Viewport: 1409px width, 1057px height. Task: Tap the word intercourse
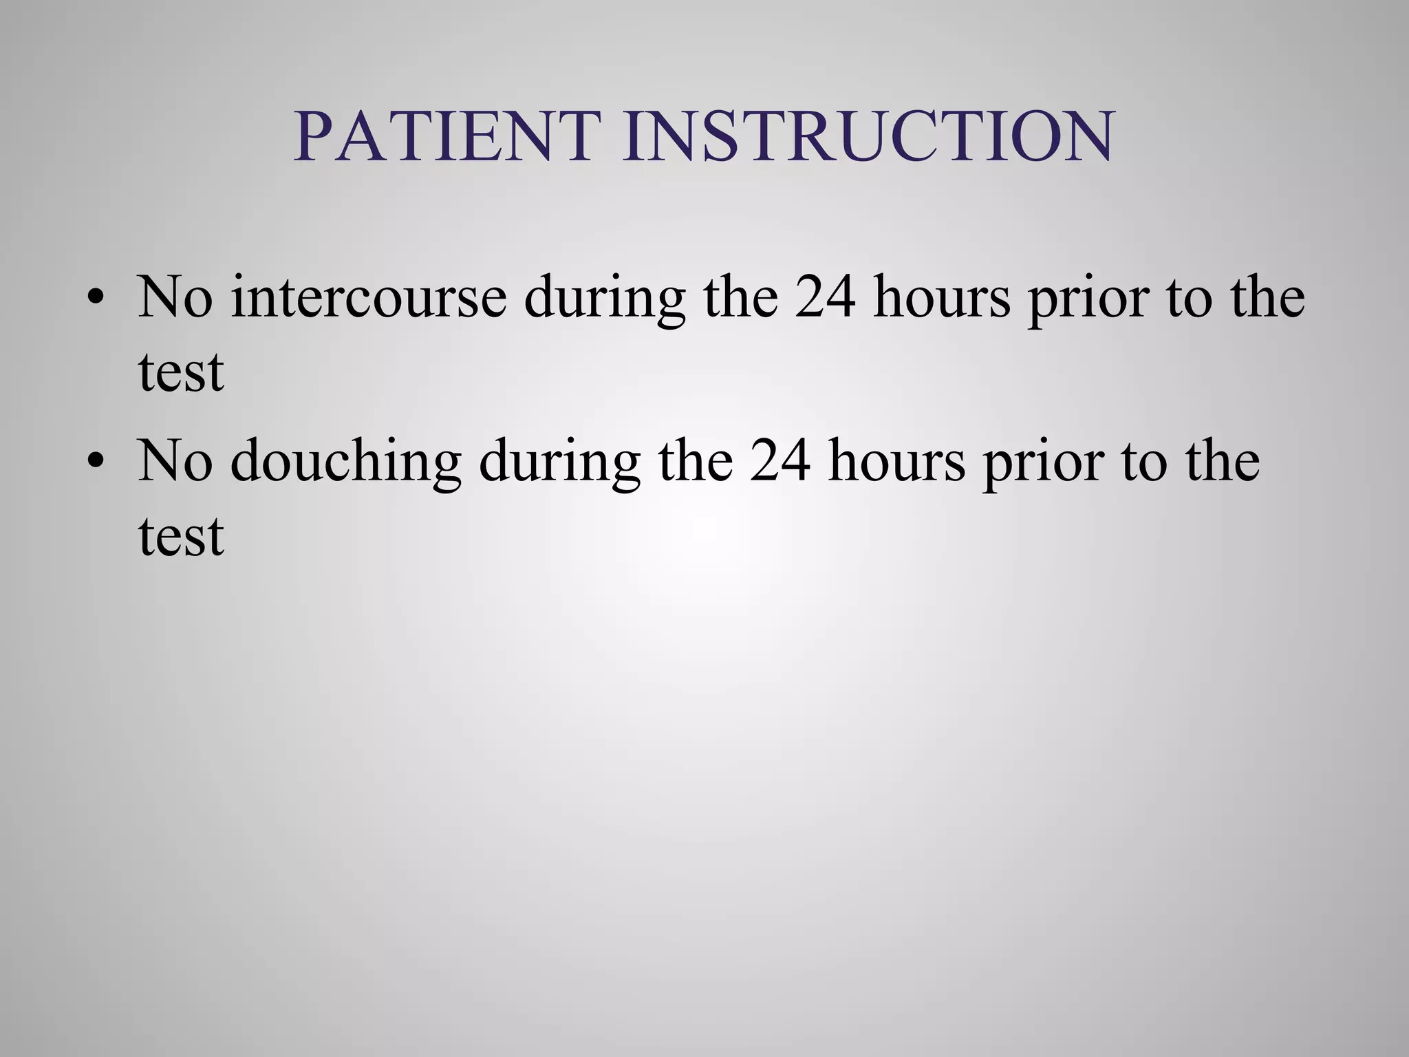click(369, 297)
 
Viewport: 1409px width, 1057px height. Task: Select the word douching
click(345, 460)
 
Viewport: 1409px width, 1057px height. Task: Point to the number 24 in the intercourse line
click(826, 297)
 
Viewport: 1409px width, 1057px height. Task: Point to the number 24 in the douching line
click(780, 460)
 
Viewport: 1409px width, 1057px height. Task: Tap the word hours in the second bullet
click(896, 460)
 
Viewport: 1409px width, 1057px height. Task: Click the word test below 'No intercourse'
click(181, 372)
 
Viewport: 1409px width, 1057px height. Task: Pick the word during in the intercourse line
click(605, 299)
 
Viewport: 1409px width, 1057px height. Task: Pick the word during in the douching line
click(559, 463)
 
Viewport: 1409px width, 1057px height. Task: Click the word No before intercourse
click(175, 297)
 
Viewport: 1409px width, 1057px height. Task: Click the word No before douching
click(175, 460)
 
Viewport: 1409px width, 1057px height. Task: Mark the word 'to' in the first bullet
click(1190, 298)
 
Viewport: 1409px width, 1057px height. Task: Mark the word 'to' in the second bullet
click(1144, 462)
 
